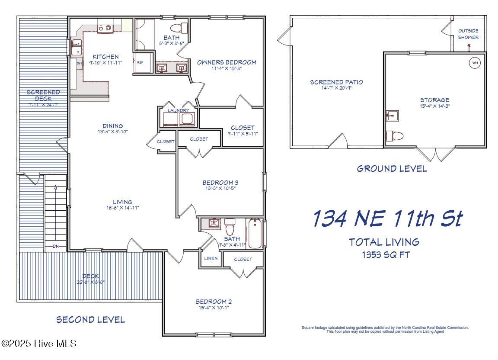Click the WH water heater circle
point(475,63)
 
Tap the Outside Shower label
point(468,34)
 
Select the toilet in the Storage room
point(394,136)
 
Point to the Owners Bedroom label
point(227,62)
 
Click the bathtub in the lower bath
point(255,234)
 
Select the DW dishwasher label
point(79,64)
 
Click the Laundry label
point(179,110)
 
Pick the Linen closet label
point(211,259)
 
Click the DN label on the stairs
point(56,247)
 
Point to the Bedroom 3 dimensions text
point(220,188)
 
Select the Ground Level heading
point(392,169)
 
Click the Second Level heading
point(91,320)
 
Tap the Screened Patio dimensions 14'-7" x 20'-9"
point(336,88)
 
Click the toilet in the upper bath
point(178,28)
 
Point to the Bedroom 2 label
point(214,302)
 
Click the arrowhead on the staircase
point(56,187)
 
